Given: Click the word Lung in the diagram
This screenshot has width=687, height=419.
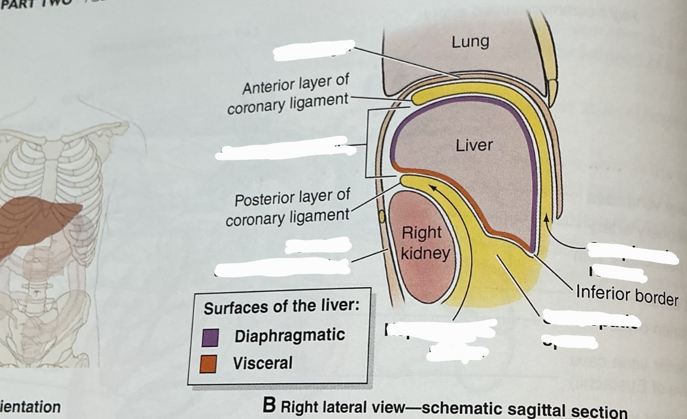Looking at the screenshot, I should tap(470, 41).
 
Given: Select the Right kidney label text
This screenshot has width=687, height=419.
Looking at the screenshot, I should tap(425, 243).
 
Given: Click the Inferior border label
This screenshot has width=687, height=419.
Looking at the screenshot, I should tap(626, 294).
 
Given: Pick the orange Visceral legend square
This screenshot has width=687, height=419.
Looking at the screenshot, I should tap(209, 364).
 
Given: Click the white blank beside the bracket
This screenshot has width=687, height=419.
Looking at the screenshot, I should tap(286, 149).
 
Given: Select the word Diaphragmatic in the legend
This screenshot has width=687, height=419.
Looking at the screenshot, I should tap(289, 336).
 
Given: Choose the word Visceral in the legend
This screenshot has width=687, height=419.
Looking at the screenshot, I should tap(262, 363).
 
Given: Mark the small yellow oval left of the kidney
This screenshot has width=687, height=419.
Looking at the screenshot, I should tap(382, 215).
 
